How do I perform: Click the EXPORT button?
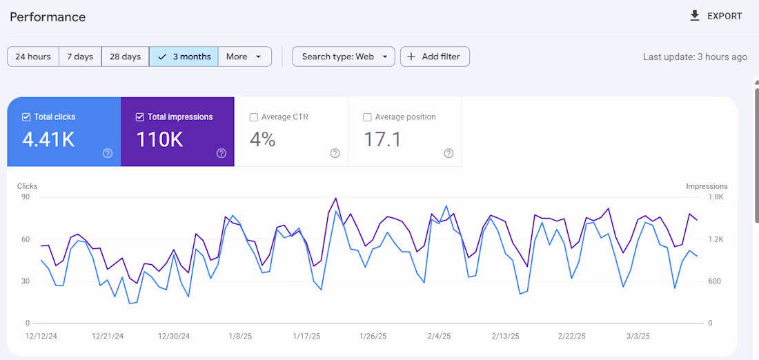(x=716, y=16)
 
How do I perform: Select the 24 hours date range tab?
(x=33, y=57)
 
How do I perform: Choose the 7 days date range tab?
(x=80, y=57)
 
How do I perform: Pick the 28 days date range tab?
(x=125, y=57)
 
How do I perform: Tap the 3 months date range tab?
(x=184, y=57)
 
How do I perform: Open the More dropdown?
(x=244, y=57)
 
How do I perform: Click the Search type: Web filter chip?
(x=343, y=57)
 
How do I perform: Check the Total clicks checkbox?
(x=26, y=117)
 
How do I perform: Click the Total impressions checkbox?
(x=140, y=117)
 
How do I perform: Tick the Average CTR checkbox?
(x=254, y=117)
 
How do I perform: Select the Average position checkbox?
(x=367, y=117)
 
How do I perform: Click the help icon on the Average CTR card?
(x=335, y=153)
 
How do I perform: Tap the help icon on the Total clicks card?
(x=108, y=153)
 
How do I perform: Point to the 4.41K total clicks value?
(x=48, y=139)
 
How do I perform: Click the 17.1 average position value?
(x=382, y=139)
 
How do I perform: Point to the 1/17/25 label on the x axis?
(x=306, y=337)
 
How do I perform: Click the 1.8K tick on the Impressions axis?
(x=715, y=197)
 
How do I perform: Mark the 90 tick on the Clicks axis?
(x=26, y=197)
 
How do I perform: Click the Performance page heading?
(x=48, y=17)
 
